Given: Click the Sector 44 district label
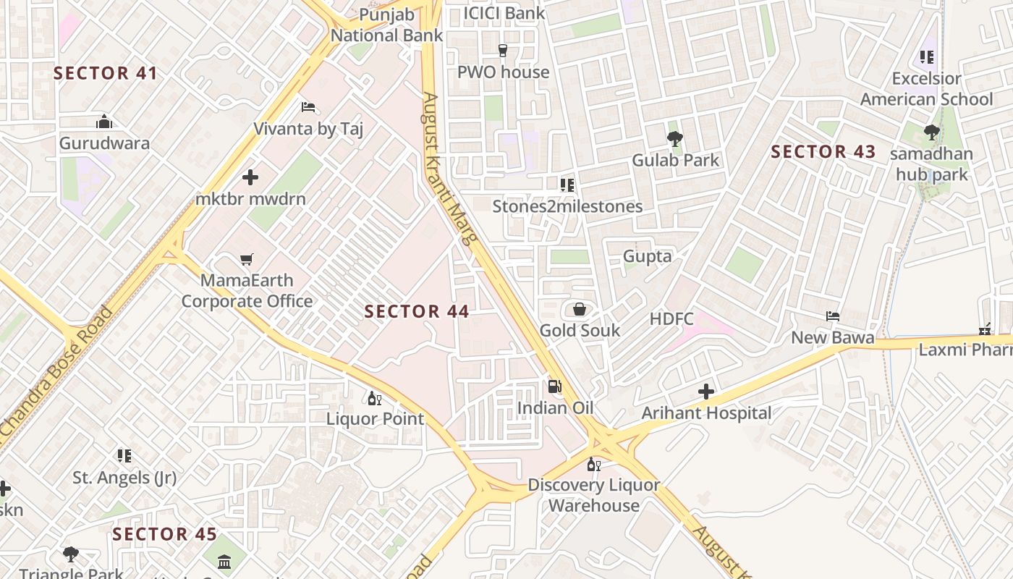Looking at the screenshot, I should pyautogui.click(x=417, y=312).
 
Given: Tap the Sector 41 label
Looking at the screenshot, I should pyautogui.click(x=106, y=73).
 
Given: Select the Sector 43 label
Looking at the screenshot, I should pyautogui.click(x=823, y=152).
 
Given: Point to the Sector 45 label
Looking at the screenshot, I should pyautogui.click(x=164, y=534).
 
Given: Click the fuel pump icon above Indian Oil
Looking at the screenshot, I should pyautogui.click(x=554, y=386).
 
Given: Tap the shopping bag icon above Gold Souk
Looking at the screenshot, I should pyautogui.click(x=580, y=310).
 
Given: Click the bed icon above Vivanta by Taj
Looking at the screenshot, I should pyautogui.click(x=308, y=108).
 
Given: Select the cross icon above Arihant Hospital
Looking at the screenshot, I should pyautogui.click(x=706, y=392).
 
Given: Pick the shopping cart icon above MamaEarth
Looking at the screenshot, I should pyautogui.click(x=247, y=259).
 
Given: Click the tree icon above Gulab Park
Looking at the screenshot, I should pyautogui.click(x=675, y=139).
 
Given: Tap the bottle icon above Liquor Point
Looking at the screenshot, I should pyautogui.click(x=374, y=398).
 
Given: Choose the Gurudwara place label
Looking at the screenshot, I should pyautogui.click(x=104, y=143).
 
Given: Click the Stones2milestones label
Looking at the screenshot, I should pyautogui.click(x=567, y=206).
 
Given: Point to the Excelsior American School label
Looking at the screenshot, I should pyautogui.click(x=926, y=89).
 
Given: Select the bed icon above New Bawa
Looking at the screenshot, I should pyautogui.click(x=833, y=316).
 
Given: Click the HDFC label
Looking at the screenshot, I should pyautogui.click(x=671, y=319).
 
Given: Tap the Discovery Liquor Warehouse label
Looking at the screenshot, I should pyautogui.click(x=593, y=495).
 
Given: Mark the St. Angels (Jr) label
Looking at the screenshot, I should pyautogui.click(x=124, y=478).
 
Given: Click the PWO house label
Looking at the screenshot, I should pyautogui.click(x=503, y=72).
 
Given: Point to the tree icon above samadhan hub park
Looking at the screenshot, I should pyautogui.click(x=932, y=132).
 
